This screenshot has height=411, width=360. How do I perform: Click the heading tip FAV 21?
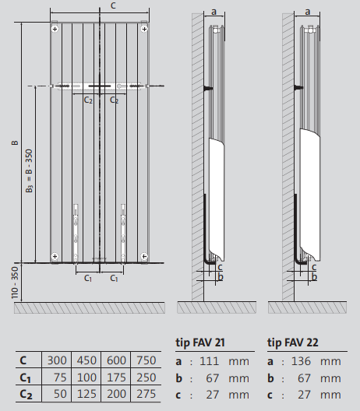pos(206,342)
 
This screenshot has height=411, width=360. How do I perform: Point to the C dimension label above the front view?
pos(114,5)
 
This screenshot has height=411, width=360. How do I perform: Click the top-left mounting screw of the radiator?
pos(55,29)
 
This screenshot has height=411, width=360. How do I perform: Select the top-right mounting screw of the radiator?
pos(143,29)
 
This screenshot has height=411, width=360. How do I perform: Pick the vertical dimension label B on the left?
pos(14,143)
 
